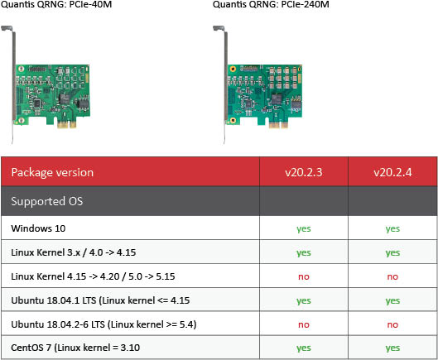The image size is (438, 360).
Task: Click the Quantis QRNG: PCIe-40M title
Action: (56, 4)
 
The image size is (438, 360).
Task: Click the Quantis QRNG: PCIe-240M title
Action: (271, 4)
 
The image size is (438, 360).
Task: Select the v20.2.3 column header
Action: (304, 172)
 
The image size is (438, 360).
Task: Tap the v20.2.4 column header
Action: (392, 172)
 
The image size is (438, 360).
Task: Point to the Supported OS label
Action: (47, 201)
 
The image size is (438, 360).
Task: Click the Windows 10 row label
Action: (38, 228)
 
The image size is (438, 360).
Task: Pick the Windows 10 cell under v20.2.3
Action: (304, 229)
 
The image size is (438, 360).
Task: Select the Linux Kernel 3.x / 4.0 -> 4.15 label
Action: (74, 252)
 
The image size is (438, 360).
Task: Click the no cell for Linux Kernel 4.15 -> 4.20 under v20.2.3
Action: (304, 276)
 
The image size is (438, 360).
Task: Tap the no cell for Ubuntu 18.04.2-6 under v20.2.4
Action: (392, 324)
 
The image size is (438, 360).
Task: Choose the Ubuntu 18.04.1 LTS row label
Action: (100, 300)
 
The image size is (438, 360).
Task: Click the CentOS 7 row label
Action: (75, 348)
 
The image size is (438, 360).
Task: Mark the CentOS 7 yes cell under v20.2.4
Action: (392, 348)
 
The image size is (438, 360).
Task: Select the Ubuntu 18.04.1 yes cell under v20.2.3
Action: (304, 301)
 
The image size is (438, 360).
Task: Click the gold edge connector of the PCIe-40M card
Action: (67, 124)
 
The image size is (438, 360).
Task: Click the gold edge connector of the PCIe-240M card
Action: (278, 124)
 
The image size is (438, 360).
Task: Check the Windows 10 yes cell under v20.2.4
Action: (392, 229)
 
